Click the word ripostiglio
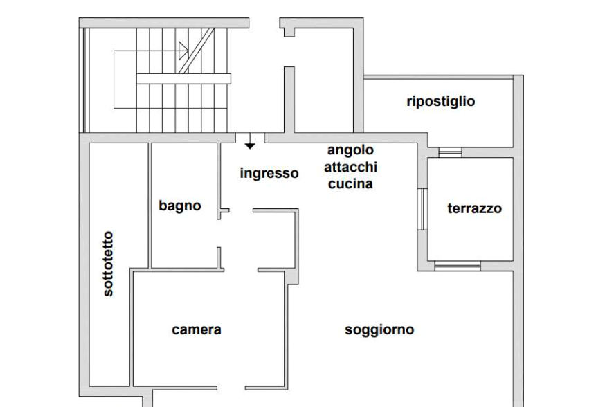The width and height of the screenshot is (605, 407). coord(442,102)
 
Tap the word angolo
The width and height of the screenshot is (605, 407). coord(350,151)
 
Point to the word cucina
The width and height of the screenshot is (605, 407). coord(351,184)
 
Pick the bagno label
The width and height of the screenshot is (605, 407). coord(180,206)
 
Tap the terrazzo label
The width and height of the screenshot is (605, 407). coord(475,208)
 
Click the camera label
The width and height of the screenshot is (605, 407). coord(197,330)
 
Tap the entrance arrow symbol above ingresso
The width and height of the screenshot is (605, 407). coord(250,141)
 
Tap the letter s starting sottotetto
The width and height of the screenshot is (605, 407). coord(109,297)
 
